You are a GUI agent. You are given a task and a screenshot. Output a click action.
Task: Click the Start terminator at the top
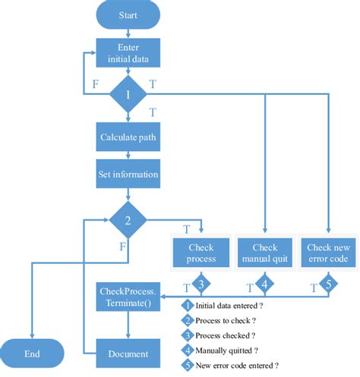128,14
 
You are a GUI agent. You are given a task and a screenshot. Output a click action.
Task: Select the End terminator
32,353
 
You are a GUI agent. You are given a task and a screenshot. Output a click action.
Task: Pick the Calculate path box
128,137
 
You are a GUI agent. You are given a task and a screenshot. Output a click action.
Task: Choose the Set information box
128,174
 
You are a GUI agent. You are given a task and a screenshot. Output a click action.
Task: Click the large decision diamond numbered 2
128,220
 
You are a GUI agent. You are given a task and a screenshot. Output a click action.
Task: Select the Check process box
201,253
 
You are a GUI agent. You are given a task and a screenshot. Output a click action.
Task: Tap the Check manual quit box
264,253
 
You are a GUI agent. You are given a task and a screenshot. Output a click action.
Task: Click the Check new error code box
328,253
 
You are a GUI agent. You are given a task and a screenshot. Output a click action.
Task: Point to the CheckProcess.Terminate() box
128,297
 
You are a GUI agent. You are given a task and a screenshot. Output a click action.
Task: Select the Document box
128,353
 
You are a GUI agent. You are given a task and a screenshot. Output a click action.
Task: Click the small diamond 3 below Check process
201,286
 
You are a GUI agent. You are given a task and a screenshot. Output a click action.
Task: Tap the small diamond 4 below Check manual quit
264,286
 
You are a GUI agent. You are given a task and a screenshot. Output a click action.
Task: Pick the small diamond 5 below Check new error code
328,286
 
